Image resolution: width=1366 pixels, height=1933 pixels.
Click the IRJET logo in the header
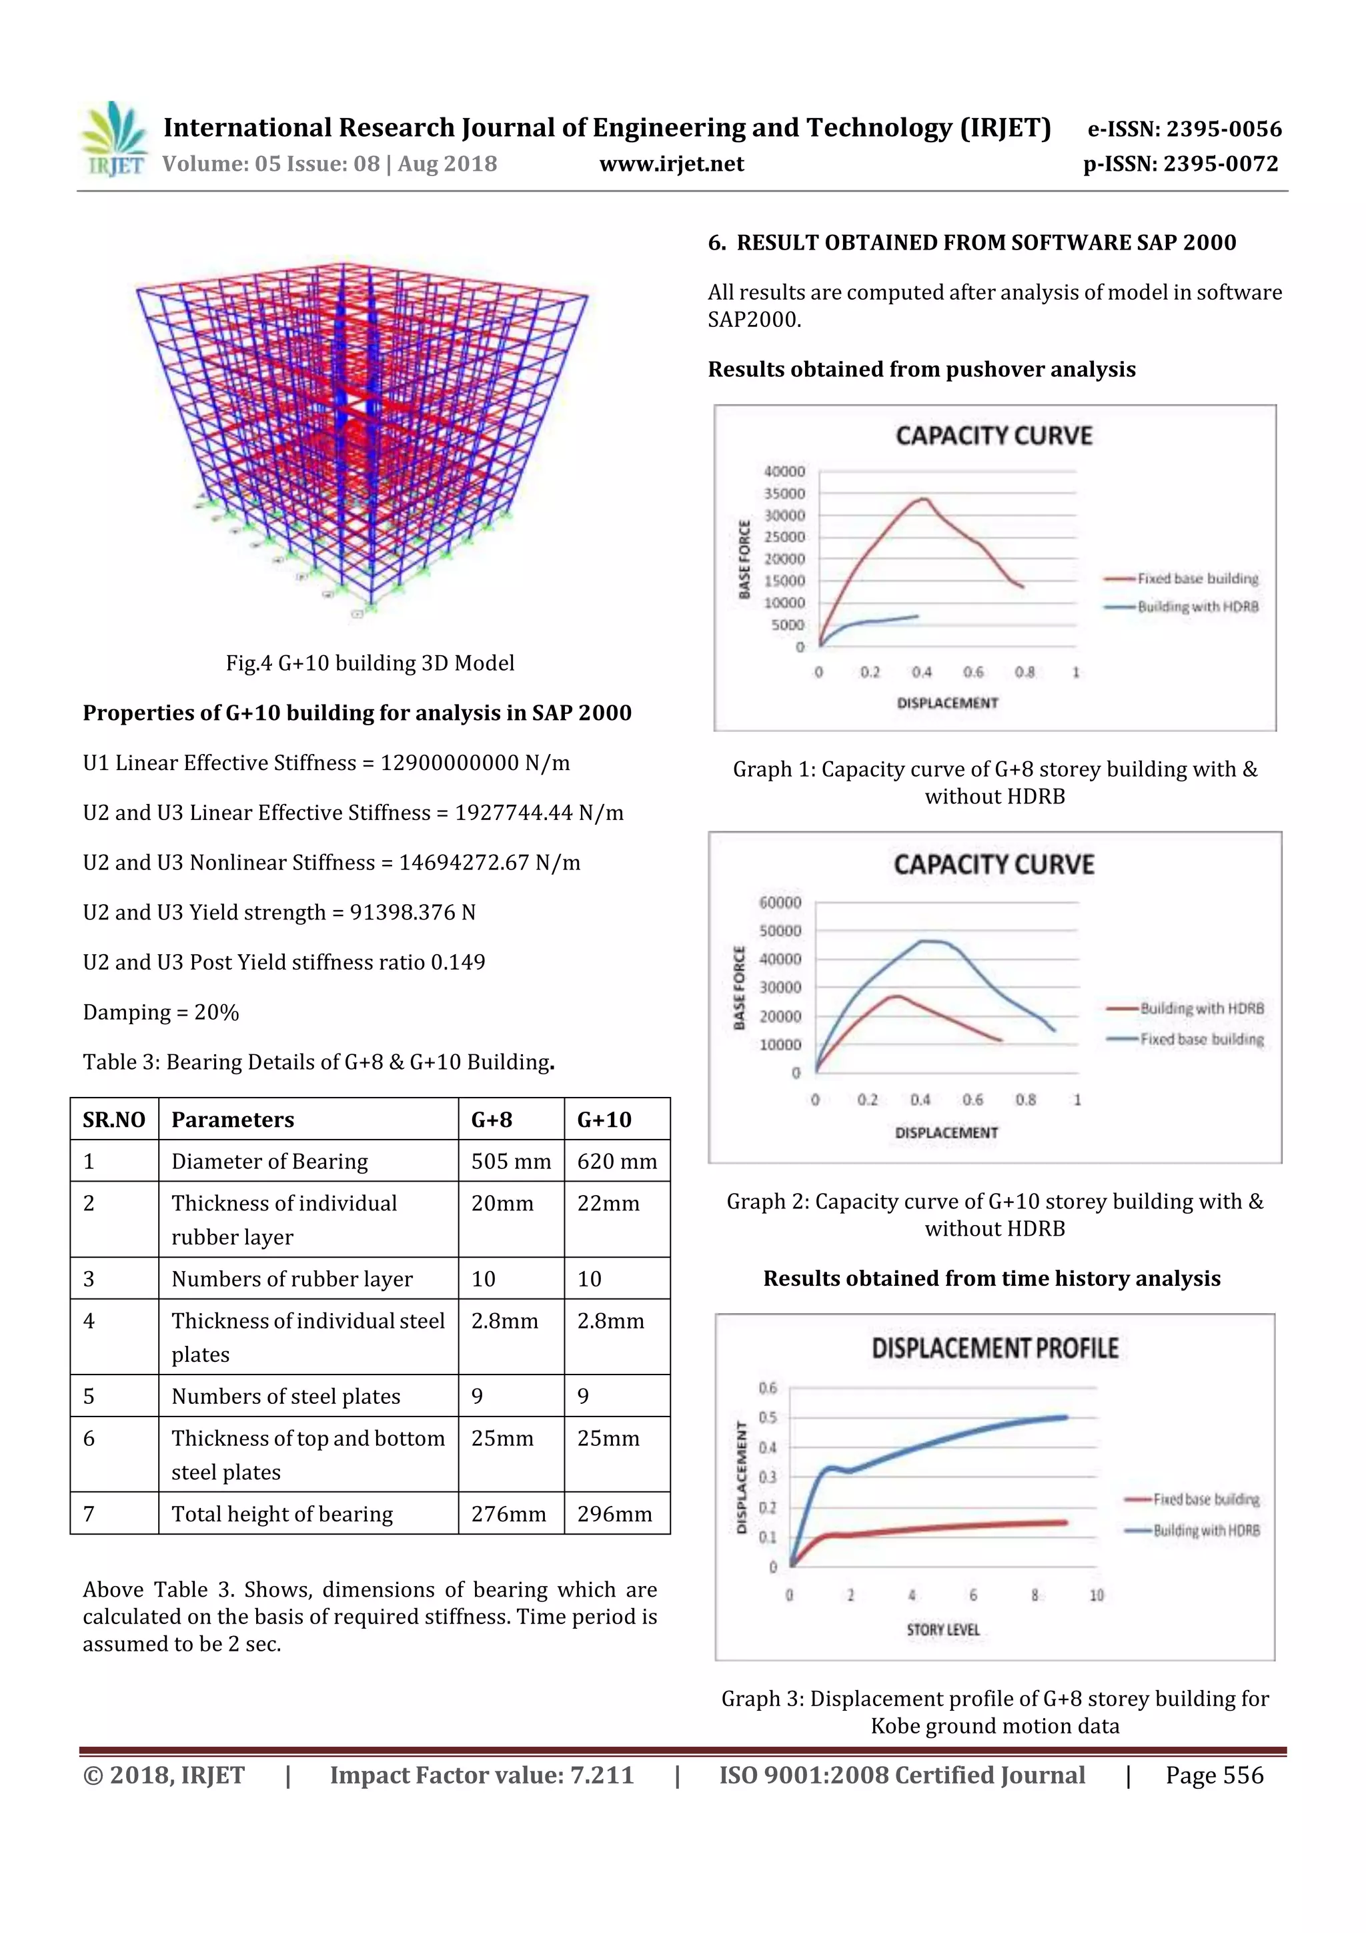click(113, 139)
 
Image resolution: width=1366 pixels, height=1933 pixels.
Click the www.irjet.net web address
click(671, 163)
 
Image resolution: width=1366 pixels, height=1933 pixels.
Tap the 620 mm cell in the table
click(616, 1161)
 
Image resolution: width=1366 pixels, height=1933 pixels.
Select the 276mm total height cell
click(508, 1514)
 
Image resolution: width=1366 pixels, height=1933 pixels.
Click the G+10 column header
click(604, 1119)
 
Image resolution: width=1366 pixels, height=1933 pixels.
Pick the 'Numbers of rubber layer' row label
click(292, 1279)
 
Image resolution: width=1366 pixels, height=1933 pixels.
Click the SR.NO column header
click(113, 1119)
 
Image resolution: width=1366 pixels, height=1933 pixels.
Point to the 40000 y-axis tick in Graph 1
click(784, 472)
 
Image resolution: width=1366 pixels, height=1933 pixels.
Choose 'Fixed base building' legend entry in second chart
click(1201, 1039)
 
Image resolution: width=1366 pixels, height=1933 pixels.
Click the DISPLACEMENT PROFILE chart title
click(994, 1348)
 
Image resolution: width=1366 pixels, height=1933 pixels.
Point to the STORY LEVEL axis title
click(942, 1630)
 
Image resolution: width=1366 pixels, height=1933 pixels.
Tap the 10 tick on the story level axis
click(1096, 1595)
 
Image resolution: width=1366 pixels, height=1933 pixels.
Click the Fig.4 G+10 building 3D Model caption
click(370, 663)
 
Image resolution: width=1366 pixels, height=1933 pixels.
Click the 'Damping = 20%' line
click(161, 1012)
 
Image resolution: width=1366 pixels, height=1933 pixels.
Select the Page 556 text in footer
click(1214, 1775)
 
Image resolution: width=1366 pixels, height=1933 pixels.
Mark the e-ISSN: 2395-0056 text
click(1184, 129)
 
